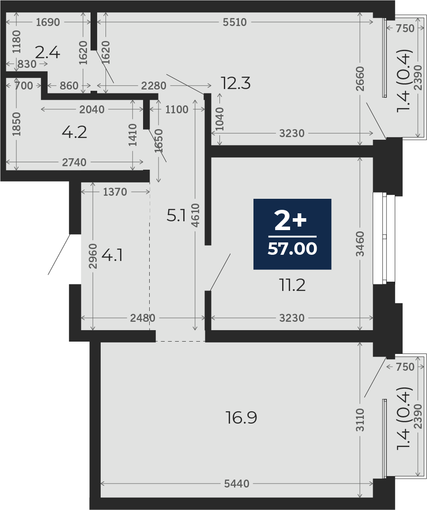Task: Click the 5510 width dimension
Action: pyautogui.click(x=235, y=22)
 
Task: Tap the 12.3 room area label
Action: pyautogui.click(x=235, y=83)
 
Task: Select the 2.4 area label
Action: pyautogui.click(x=48, y=53)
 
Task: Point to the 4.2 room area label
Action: pyautogui.click(x=75, y=132)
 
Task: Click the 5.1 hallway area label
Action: pyautogui.click(x=176, y=215)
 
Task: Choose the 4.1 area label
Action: pyautogui.click(x=112, y=256)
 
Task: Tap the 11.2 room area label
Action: pyautogui.click(x=292, y=286)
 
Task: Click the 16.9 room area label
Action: pyautogui.click(x=242, y=417)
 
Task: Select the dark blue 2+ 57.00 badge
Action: pyautogui.click(x=292, y=234)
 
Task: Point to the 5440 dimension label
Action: pyautogui.click(x=237, y=484)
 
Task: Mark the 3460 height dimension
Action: pyautogui.click(x=360, y=244)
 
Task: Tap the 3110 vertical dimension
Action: pyautogui.click(x=360, y=420)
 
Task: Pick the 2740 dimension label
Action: pyautogui.click(x=74, y=162)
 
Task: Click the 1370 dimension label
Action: pyautogui.click(x=115, y=192)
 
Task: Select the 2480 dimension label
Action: pyautogui.click(x=143, y=318)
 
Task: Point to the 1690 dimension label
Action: pyautogui.click(x=48, y=22)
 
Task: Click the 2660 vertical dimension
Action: pyautogui.click(x=360, y=79)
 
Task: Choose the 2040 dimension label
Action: pyautogui.click(x=92, y=109)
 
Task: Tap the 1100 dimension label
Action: pyautogui.click(x=177, y=109)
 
